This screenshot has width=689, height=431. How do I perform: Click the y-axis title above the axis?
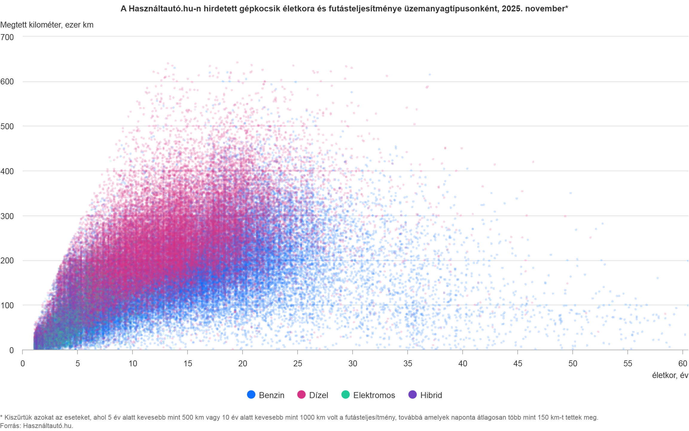coord(46,25)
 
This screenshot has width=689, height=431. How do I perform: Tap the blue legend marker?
coord(251,395)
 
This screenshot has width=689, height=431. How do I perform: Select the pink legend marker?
coord(301,395)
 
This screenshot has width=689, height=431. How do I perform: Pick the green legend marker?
coord(345,395)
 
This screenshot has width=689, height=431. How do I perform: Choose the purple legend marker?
coord(412,395)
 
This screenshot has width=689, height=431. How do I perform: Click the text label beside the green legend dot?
coord(374,395)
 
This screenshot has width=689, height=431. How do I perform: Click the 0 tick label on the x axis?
coord(23,363)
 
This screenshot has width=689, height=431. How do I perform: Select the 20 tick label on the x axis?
coord(243,363)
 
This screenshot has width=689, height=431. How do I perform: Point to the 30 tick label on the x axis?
coord(353,363)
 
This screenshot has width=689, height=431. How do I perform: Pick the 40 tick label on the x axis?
coord(463,363)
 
